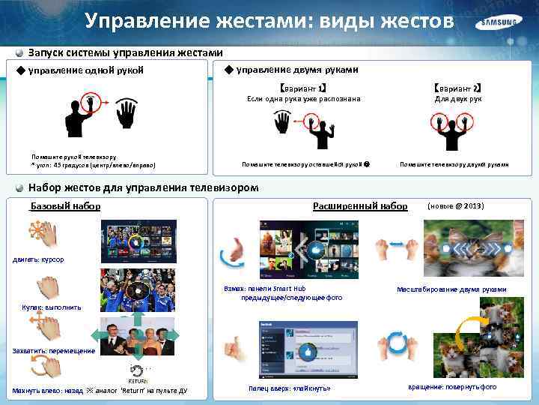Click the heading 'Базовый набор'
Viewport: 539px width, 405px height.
point(66,205)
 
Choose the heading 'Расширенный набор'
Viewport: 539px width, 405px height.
point(360,205)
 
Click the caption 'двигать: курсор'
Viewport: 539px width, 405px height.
point(38,259)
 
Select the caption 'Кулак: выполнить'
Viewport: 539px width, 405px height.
point(46,307)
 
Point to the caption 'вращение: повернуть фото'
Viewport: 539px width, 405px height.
point(452,387)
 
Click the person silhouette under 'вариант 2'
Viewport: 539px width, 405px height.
point(451,130)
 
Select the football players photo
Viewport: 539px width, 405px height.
point(138,290)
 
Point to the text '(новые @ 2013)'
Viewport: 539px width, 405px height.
point(455,205)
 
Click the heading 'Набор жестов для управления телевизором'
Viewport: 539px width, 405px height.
point(143,187)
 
